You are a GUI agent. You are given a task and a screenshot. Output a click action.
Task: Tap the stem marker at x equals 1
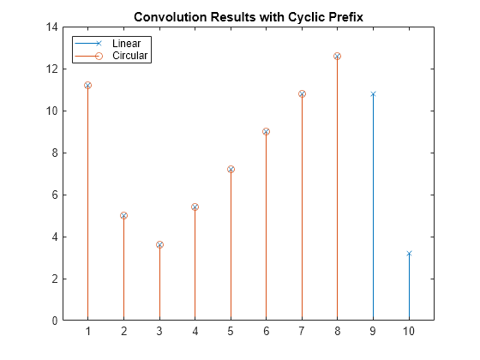click(87, 86)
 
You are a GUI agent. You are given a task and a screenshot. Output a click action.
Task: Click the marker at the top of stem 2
click(123, 216)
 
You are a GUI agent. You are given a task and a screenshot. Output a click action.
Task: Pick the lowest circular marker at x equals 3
click(159, 245)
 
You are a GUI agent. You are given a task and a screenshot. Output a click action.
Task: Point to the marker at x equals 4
click(195, 207)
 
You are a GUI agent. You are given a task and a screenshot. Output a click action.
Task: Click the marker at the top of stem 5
click(231, 170)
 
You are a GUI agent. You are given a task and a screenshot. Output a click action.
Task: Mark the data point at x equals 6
click(266, 132)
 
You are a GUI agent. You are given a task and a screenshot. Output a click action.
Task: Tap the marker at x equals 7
click(302, 94)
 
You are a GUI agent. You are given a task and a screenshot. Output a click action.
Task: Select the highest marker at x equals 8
click(337, 57)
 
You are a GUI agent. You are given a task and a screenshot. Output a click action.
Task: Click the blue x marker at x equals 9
click(373, 94)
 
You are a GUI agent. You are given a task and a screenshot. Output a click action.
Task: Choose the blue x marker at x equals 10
click(409, 254)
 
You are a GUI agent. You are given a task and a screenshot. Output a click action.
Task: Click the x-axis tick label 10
click(409, 333)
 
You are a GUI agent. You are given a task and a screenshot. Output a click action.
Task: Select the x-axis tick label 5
click(231, 333)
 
